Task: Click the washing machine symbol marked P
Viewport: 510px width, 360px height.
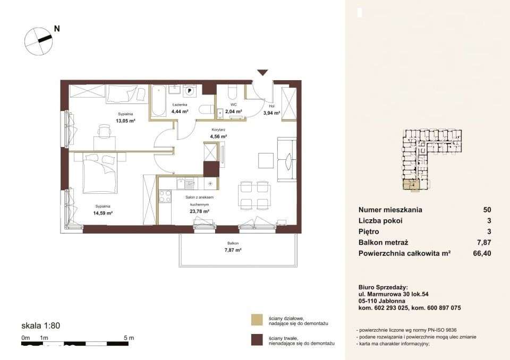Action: pos(189,90)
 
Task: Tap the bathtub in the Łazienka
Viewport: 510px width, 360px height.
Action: pos(159,101)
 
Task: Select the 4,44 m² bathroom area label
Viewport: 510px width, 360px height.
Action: pos(180,111)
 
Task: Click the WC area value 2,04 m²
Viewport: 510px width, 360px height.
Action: pos(234,111)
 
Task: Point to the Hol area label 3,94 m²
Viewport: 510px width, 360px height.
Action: pos(271,113)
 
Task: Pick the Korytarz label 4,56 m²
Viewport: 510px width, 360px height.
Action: pos(218,136)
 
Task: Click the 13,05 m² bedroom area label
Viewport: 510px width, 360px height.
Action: pos(125,121)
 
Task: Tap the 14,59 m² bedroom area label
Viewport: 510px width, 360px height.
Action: pos(103,213)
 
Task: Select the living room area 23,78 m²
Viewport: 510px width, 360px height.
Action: pos(199,211)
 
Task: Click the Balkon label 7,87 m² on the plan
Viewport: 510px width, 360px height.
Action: pos(233,250)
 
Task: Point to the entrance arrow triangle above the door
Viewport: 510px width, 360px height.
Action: pos(262,73)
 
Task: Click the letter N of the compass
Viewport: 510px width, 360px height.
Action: pos(57,29)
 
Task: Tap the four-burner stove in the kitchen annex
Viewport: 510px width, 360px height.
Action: pos(165,196)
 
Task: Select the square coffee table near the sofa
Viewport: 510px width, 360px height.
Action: pos(266,160)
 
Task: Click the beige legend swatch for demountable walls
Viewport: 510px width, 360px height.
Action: pos(257,320)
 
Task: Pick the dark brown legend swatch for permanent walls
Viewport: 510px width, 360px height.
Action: pos(257,340)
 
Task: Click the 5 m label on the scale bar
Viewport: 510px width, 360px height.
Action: pos(129,338)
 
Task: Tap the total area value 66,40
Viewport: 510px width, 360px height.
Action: pos(482,253)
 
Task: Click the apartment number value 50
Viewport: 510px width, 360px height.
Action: pos(487,210)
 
